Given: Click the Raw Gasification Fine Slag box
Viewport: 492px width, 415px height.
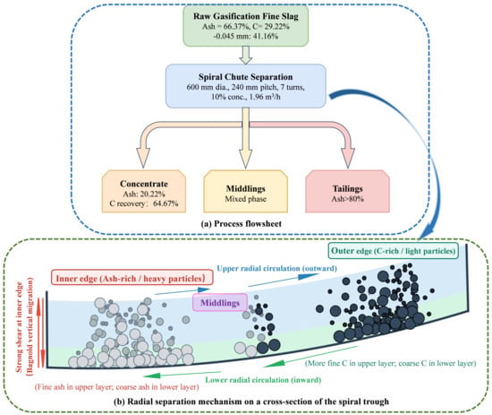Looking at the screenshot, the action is tap(246, 25).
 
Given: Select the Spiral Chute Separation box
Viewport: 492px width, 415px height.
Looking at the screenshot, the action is tap(246, 86).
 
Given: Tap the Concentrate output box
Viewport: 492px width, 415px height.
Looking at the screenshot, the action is tap(144, 192).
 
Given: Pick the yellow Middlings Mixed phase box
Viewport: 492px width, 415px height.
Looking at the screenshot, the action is tap(246, 192).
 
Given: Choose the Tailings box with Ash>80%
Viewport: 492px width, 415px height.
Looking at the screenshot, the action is tap(348, 192).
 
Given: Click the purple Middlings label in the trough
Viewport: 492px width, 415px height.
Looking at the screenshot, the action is tap(220, 302).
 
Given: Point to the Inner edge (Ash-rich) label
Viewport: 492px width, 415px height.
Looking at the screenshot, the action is tap(131, 278).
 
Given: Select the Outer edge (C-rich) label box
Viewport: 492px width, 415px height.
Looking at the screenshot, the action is tap(394, 251).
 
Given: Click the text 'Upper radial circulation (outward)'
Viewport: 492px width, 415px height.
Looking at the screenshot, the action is tap(276, 268).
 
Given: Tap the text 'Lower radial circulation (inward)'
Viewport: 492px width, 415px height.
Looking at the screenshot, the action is tap(263, 379).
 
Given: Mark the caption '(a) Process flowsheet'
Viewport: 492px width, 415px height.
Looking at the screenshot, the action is tap(241, 223).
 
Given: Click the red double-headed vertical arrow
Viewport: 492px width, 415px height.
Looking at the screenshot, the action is tap(41, 333).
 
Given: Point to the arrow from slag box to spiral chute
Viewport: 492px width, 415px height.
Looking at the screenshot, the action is tap(246, 56).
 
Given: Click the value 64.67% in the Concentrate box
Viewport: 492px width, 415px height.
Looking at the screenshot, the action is tap(165, 203).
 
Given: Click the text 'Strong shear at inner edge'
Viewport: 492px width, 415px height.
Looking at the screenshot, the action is tap(19, 327).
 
